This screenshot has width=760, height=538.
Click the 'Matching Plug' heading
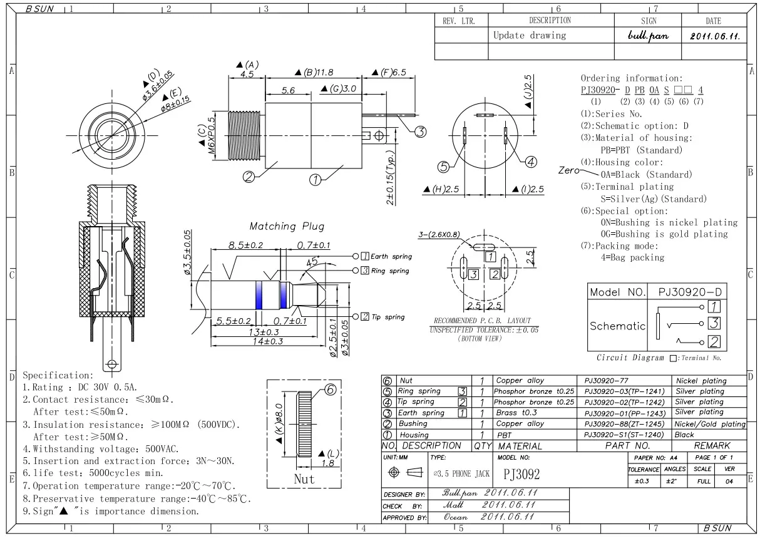287,226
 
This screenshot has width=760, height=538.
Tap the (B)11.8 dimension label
314,72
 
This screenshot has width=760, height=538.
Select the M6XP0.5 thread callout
211,136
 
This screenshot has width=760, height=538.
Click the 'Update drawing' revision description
530,35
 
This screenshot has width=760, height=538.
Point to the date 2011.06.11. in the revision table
715,36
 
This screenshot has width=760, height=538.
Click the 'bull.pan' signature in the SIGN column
648,36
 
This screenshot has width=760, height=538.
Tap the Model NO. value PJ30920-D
690,292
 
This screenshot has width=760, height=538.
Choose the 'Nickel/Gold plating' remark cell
710,424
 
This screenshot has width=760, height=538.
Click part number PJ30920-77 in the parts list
606,381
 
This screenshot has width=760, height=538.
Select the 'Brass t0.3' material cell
516,413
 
